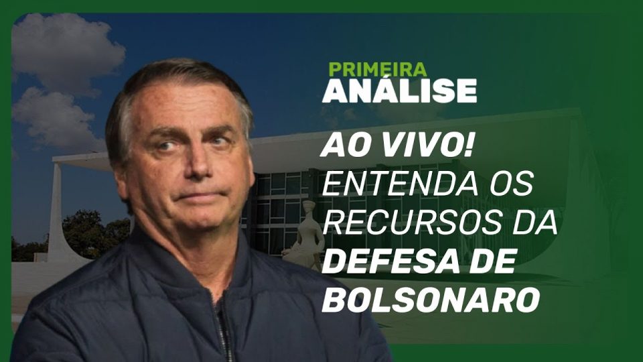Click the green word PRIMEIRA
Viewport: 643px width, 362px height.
click(378, 69)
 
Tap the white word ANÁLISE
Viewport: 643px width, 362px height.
click(399, 90)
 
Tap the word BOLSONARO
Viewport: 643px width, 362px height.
click(431, 301)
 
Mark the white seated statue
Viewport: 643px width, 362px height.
click(304, 234)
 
